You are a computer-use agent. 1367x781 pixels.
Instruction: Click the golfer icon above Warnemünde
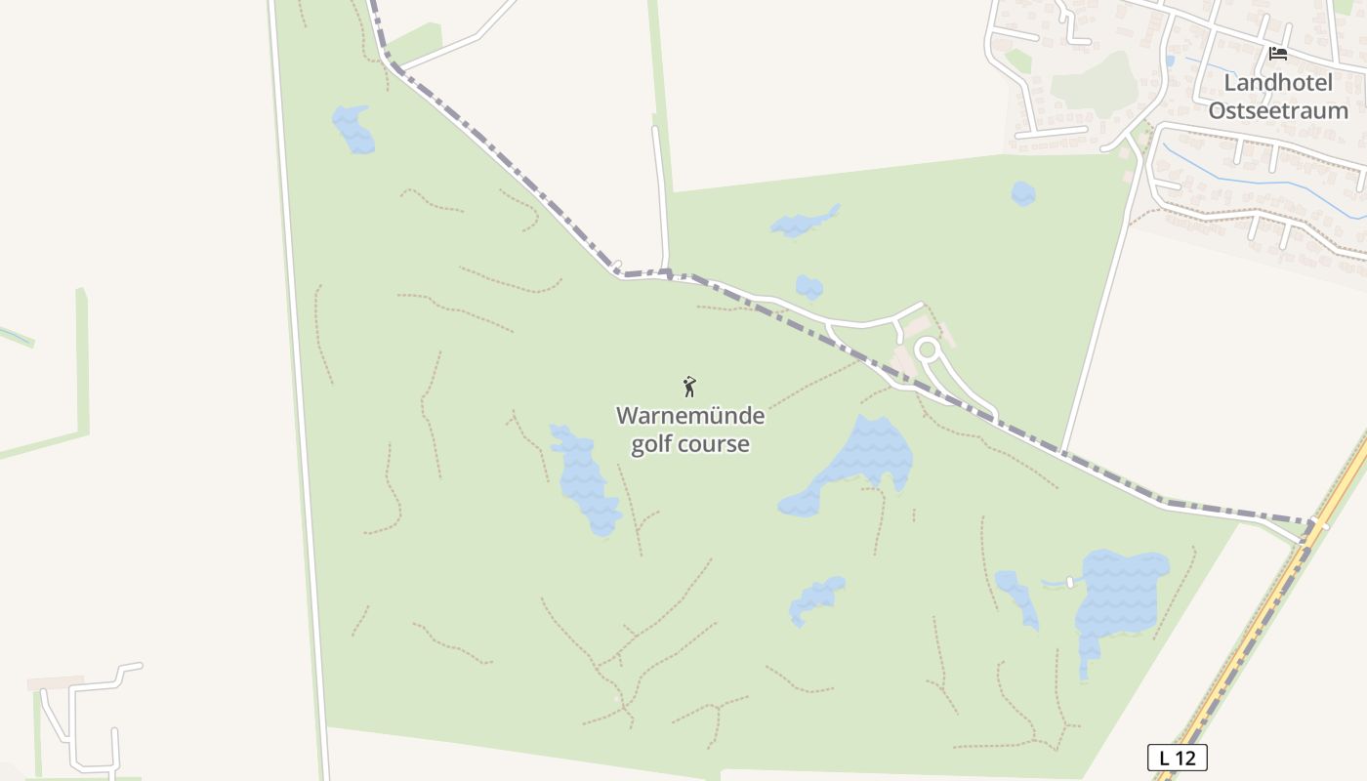click(x=689, y=387)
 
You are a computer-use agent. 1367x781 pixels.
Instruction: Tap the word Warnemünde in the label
click(x=690, y=416)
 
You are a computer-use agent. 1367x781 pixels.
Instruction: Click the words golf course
click(x=690, y=444)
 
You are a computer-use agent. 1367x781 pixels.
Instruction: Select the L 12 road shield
click(x=1177, y=757)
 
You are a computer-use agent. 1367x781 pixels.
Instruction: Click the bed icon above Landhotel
click(x=1277, y=54)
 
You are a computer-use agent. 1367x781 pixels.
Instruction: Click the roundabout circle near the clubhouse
click(x=927, y=349)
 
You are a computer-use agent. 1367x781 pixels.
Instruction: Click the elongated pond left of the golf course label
click(x=585, y=478)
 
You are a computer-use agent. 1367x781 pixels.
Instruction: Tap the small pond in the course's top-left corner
click(x=353, y=130)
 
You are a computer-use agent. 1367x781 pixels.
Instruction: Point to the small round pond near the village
click(x=1022, y=193)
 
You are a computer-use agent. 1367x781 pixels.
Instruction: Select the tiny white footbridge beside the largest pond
click(x=1069, y=583)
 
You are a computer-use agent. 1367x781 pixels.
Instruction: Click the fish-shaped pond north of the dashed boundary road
click(x=805, y=224)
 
